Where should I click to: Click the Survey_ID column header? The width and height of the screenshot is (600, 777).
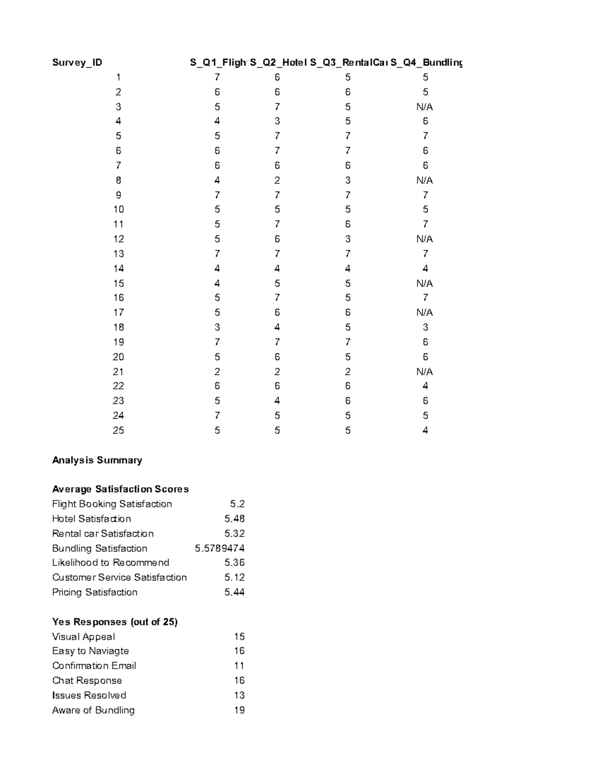click(x=77, y=63)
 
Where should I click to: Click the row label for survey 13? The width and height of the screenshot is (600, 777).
click(x=118, y=254)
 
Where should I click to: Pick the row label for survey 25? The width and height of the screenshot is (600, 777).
click(x=118, y=430)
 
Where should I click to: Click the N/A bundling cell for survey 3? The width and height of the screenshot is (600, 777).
click(x=424, y=107)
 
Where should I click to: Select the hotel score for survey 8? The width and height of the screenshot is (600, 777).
click(x=277, y=180)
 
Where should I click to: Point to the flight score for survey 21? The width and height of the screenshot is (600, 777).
click(x=217, y=372)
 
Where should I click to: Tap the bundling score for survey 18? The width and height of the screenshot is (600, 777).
click(x=425, y=327)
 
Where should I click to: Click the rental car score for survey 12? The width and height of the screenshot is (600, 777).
click(x=347, y=239)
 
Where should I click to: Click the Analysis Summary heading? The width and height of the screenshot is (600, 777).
click(x=97, y=460)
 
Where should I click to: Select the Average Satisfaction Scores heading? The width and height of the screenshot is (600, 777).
click(x=120, y=489)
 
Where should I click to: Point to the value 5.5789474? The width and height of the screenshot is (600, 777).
click(x=219, y=548)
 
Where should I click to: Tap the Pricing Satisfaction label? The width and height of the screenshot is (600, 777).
click(x=94, y=592)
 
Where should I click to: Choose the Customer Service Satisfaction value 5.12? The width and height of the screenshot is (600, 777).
click(x=234, y=577)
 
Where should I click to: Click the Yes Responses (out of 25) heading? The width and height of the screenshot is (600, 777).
click(x=115, y=622)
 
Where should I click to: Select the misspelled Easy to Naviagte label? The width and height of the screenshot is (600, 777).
click(x=90, y=651)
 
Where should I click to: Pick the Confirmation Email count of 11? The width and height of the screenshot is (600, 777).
click(x=239, y=666)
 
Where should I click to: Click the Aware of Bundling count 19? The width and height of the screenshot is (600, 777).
click(x=239, y=710)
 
